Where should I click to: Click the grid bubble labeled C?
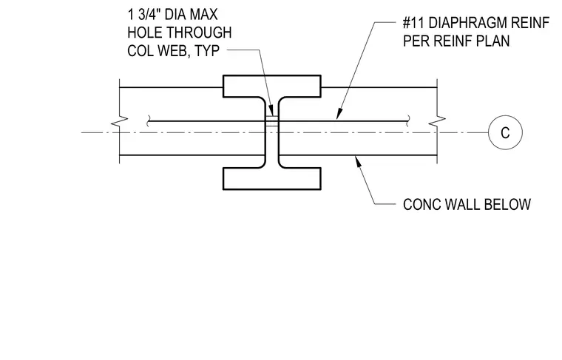click(505, 132)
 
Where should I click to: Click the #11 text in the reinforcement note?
click(413, 23)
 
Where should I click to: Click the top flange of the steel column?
click(272, 86)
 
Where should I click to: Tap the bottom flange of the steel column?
click(272, 178)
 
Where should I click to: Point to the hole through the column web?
click(272, 121)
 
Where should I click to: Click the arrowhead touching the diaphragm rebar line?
click(339, 114)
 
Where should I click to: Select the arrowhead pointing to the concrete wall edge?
click(357, 161)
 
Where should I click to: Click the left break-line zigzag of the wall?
click(119, 121)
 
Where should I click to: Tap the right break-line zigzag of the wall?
click(437, 121)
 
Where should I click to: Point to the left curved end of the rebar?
click(148, 121)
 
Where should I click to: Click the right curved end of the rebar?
click(408, 121)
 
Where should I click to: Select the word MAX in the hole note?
click(203, 15)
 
